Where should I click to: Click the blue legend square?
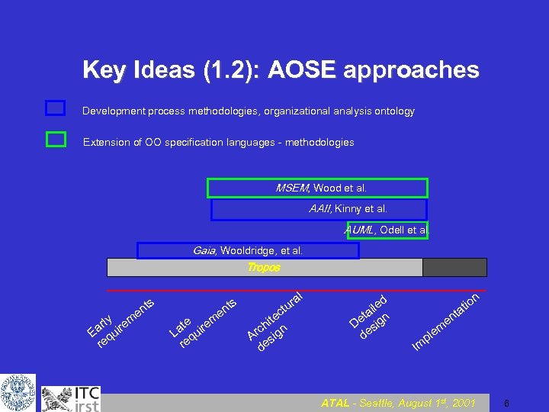point(55,108)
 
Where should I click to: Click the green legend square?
point(55,140)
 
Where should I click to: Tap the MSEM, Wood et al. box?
point(317,188)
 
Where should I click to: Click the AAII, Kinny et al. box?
point(319,209)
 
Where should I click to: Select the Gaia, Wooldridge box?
point(248,250)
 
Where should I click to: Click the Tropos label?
point(264,268)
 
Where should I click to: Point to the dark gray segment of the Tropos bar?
point(454,267)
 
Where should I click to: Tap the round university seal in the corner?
point(18,393)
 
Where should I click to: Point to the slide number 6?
point(506,403)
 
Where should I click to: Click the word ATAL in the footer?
point(335,403)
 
